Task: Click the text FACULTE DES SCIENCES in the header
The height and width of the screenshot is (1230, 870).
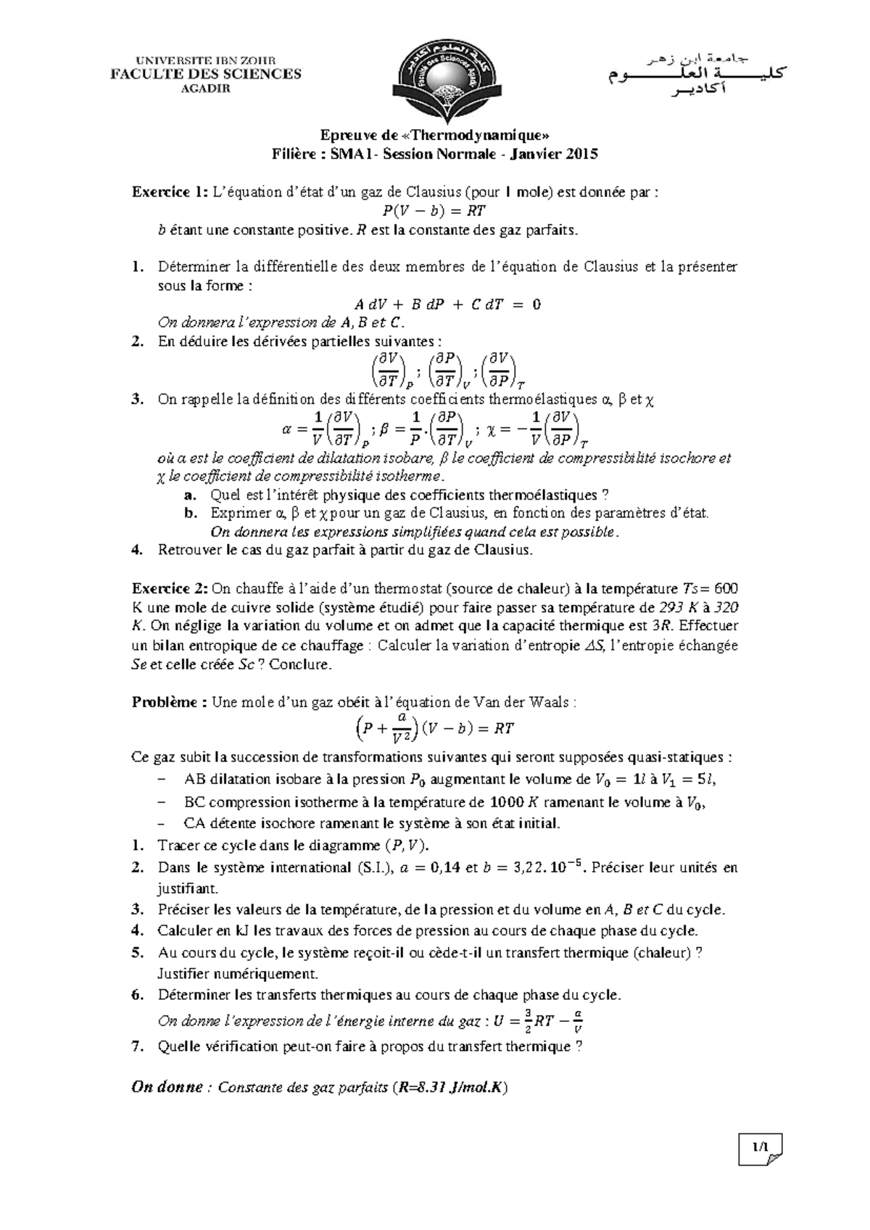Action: (x=205, y=73)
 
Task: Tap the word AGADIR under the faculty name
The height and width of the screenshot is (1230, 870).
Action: (x=205, y=88)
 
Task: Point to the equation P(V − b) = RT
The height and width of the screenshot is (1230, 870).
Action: (x=434, y=211)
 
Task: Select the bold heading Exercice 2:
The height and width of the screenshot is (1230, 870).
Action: (x=170, y=588)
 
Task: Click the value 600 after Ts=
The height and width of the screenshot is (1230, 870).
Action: (x=726, y=588)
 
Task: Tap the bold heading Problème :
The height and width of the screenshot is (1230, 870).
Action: (x=170, y=702)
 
